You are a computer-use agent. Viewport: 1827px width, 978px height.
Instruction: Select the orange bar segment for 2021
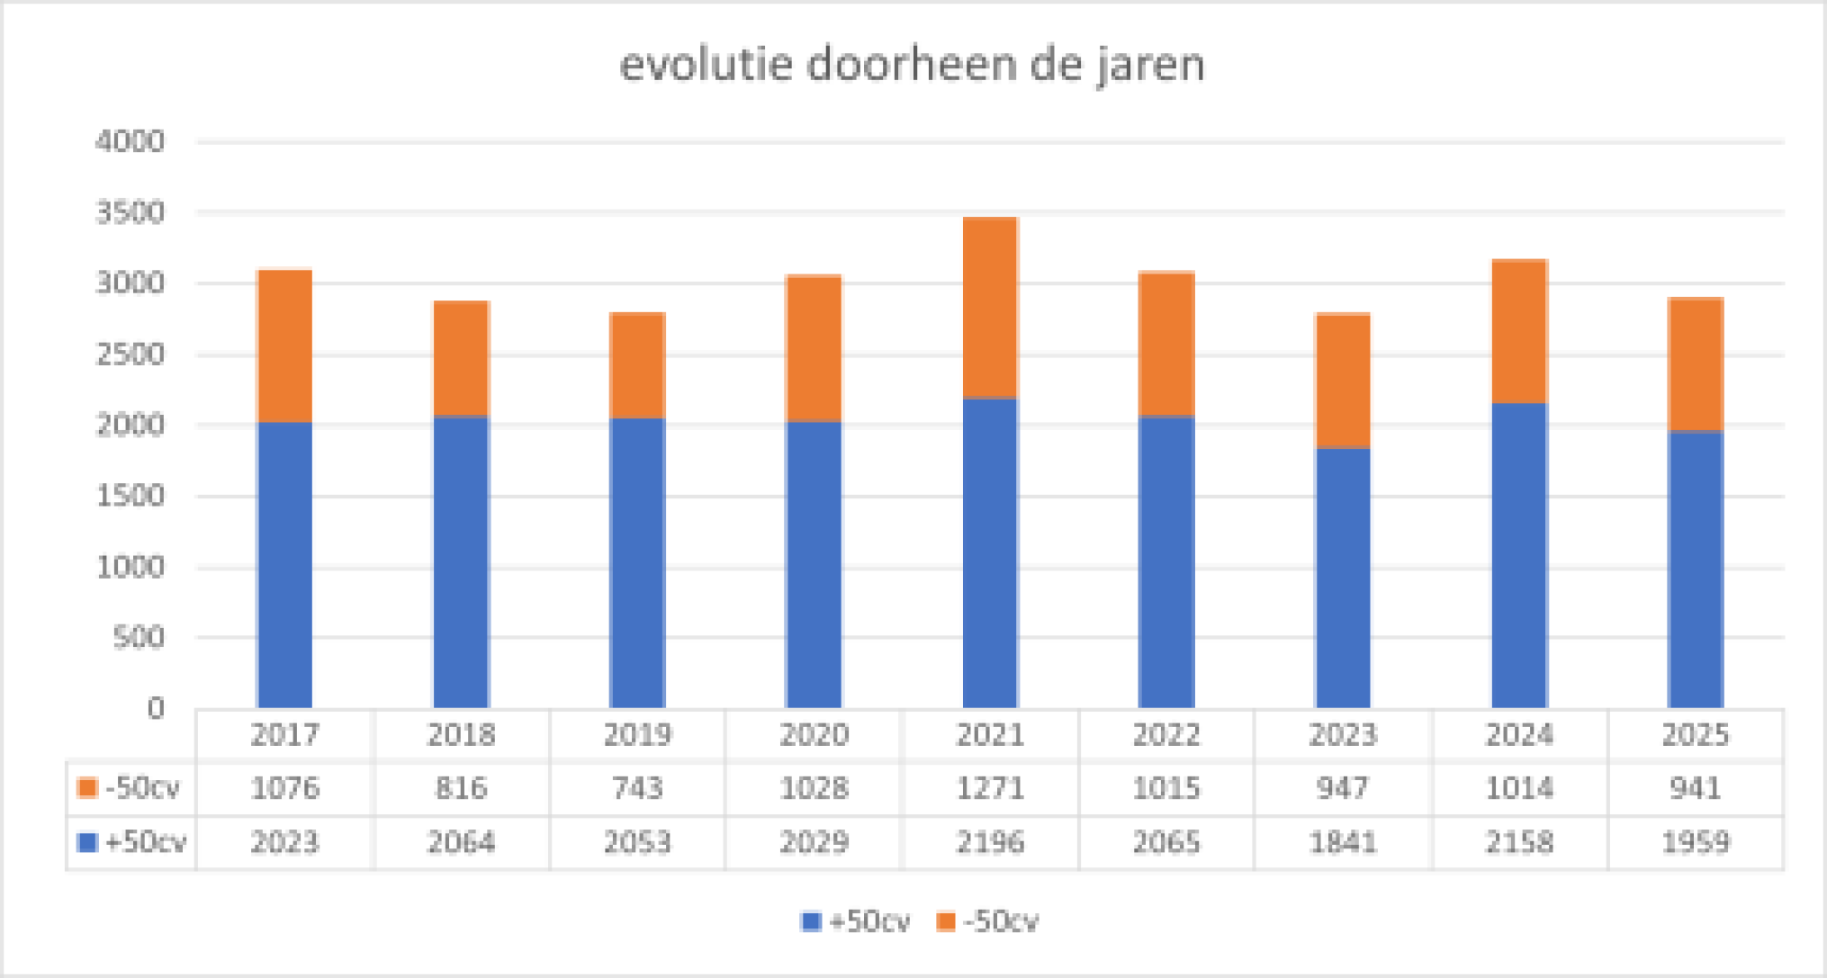pos(990,308)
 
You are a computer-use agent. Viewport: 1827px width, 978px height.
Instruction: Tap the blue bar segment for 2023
pos(1343,578)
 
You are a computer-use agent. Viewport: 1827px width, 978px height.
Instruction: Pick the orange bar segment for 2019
pos(637,365)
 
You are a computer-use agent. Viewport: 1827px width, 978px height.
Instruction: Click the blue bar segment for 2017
pos(284,565)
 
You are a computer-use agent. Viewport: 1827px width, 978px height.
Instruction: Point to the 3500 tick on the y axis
pos(130,213)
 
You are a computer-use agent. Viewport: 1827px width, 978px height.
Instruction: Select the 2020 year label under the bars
pos(814,735)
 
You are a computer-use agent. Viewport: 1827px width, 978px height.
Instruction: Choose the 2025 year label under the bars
pos(1696,735)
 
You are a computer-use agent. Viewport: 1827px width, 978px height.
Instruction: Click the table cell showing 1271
pos(990,788)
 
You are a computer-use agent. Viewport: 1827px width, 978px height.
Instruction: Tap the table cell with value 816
pos(461,788)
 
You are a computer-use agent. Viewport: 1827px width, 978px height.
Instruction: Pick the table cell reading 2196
pos(990,842)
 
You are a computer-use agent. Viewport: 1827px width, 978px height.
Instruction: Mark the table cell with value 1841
pos(1343,842)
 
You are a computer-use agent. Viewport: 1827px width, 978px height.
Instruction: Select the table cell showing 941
pos(1696,788)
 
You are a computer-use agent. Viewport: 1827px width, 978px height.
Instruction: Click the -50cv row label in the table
pos(131,788)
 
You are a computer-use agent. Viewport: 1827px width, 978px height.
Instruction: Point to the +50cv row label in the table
pos(133,842)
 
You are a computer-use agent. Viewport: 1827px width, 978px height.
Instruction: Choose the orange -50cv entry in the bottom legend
pos(988,921)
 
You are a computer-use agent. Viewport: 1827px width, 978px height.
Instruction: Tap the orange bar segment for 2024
pos(1519,331)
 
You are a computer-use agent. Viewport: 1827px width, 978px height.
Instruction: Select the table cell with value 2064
pos(461,842)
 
